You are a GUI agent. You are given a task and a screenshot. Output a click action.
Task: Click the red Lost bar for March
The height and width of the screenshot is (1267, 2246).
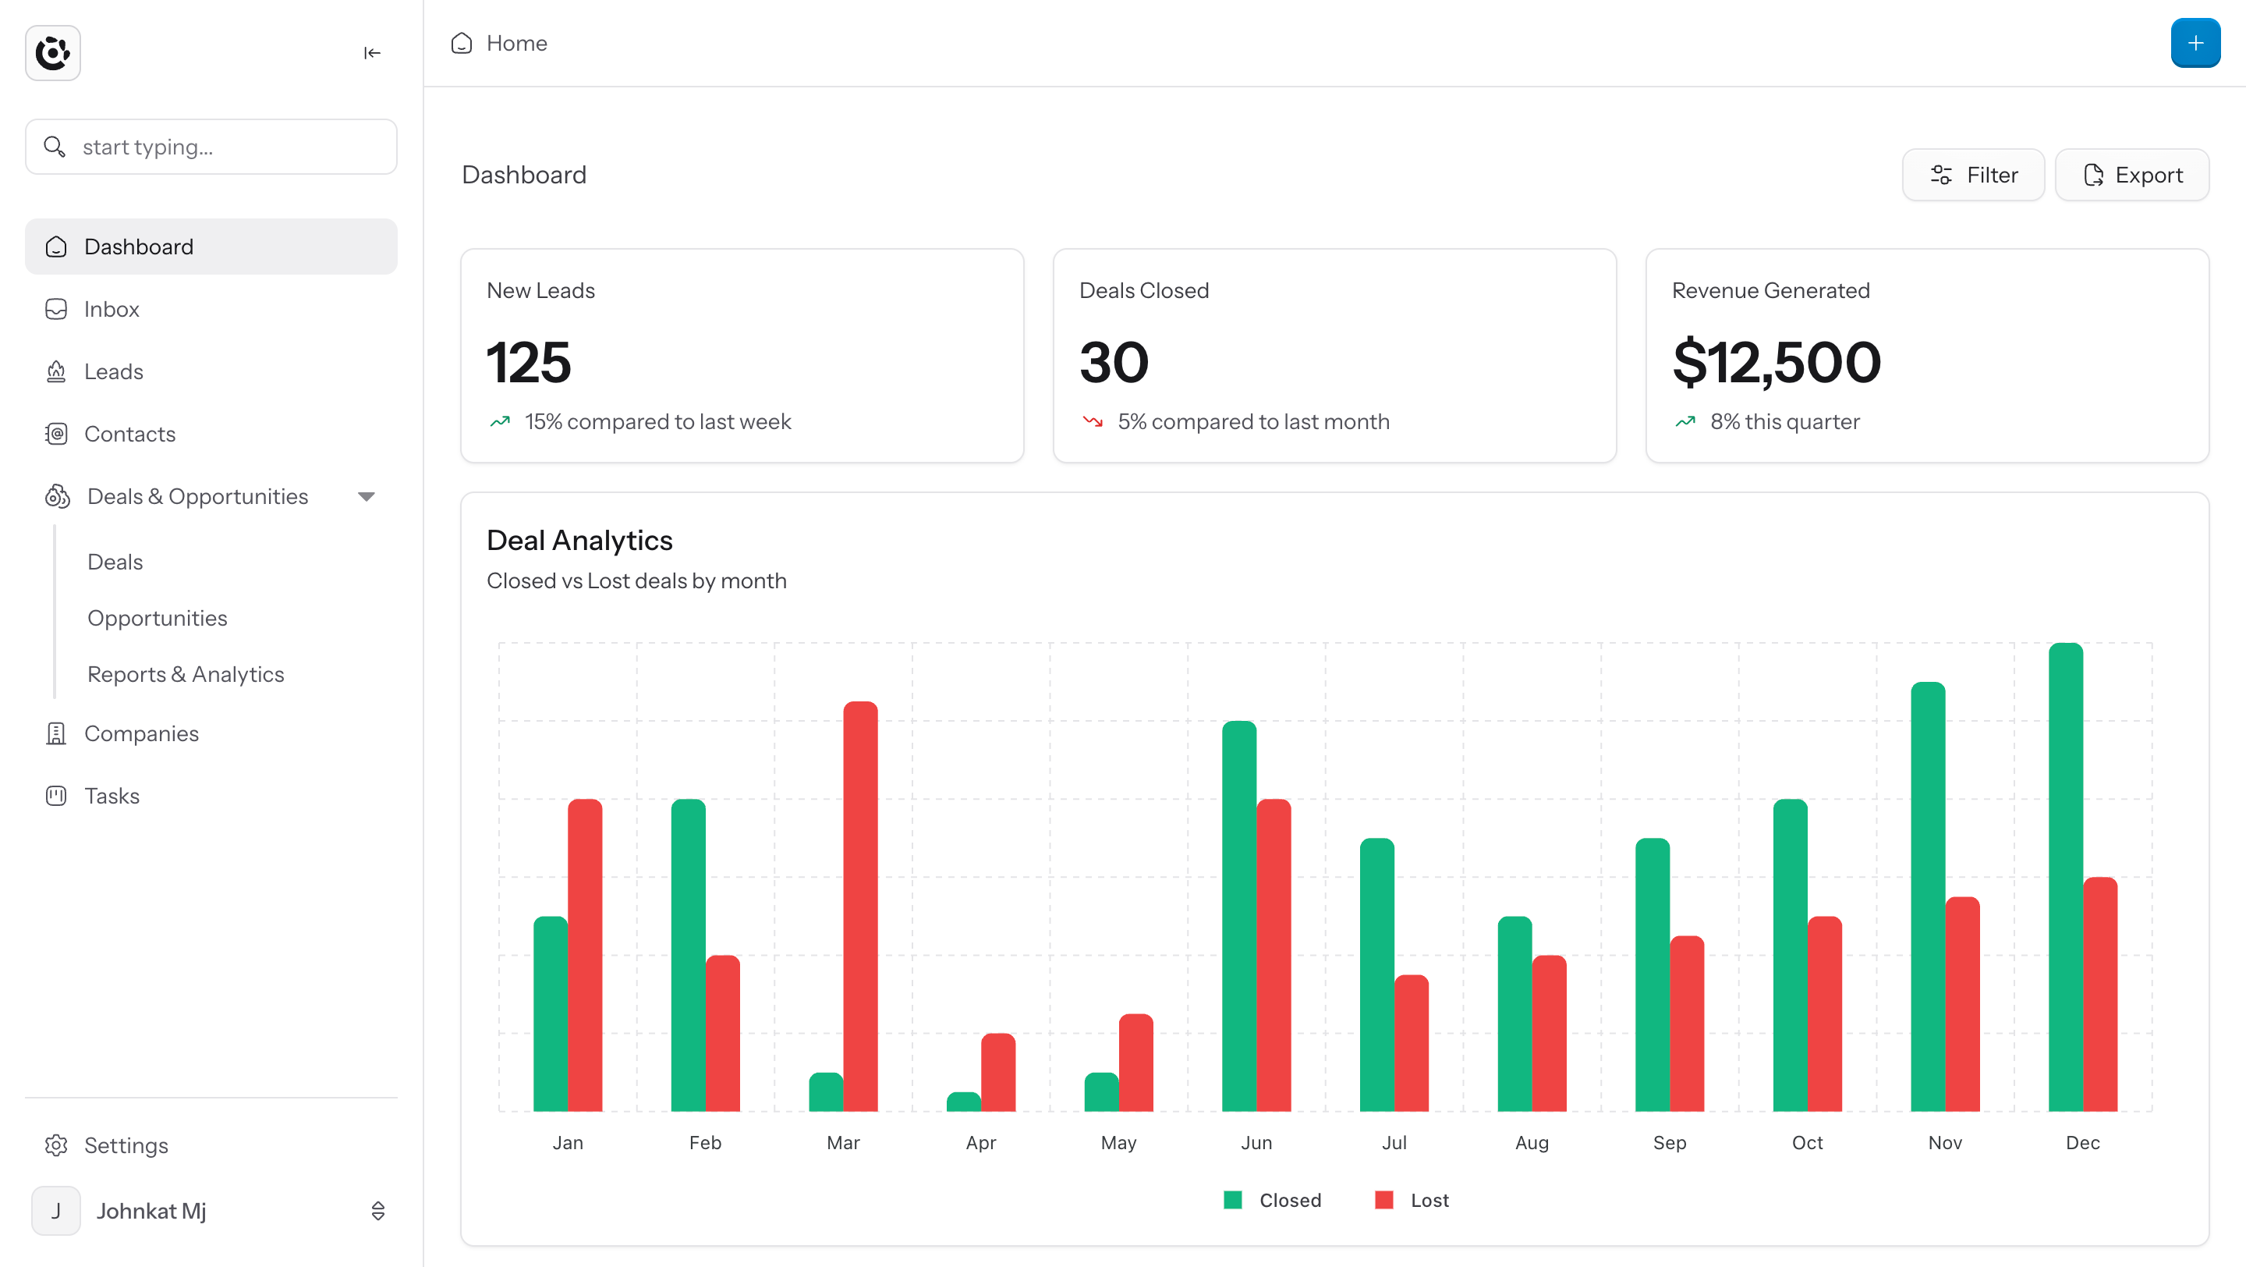(859, 906)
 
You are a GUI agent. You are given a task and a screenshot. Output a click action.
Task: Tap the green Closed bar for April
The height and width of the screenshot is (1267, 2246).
(963, 1102)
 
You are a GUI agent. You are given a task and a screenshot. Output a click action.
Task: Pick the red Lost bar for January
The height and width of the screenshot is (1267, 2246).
(584, 955)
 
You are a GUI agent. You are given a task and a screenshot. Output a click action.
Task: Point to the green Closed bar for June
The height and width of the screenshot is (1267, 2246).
(1239, 917)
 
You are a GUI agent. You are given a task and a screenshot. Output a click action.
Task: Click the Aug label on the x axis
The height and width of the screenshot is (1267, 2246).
(1532, 1142)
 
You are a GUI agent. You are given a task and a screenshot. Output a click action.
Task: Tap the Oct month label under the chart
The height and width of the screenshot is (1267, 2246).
(1808, 1142)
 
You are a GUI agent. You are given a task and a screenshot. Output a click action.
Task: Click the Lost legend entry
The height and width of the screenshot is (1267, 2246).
(1412, 1200)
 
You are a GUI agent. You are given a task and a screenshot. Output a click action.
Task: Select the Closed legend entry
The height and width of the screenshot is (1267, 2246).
(1272, 1200)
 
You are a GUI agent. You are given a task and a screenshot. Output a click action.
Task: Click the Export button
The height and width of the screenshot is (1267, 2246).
(2132, 176)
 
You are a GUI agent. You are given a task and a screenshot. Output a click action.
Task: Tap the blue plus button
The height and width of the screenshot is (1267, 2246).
(2195, 43)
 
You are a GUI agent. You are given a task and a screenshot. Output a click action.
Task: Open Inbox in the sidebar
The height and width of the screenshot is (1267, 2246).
(112, 309)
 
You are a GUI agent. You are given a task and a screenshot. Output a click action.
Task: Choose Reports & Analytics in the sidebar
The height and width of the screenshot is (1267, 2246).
(186, 674)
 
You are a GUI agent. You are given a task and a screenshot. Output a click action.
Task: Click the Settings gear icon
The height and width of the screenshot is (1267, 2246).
(57, 1145)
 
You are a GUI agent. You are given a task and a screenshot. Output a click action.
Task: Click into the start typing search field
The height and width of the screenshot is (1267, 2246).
(211, 147)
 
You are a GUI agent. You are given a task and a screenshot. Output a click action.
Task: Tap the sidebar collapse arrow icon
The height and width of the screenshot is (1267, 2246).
(372, 53)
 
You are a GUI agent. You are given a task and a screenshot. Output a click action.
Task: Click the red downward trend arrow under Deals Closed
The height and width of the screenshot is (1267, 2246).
(1093, 422)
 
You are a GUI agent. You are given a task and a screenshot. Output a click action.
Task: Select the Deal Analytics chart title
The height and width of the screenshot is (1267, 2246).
(579, 541)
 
